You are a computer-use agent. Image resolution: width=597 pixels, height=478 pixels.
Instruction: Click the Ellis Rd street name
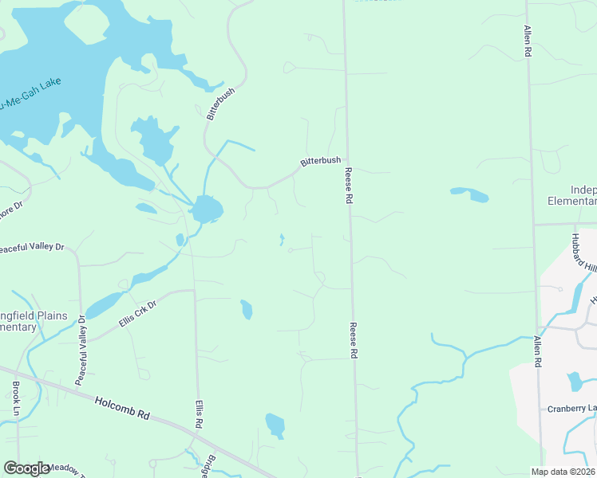[x=199, y=413]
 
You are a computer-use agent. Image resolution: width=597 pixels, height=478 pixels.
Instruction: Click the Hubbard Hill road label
[x=583, y=253]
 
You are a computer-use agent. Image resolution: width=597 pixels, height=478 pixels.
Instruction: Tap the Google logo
[x=26, y=468]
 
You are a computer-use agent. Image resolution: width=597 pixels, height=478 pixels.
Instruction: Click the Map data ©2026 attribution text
[x=563, y=472]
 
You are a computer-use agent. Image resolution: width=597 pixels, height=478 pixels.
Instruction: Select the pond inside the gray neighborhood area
[x=574, y=381]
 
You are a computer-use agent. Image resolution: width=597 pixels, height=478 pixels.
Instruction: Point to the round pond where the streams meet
[x=207, y=210]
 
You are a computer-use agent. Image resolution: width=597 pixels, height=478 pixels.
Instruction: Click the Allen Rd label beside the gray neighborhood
[x=539, y=351]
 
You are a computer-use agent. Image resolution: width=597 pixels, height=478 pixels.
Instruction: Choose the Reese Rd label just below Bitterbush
[x=348, y=186]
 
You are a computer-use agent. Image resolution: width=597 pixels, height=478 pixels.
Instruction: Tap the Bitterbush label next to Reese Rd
[x=320, y=161]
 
